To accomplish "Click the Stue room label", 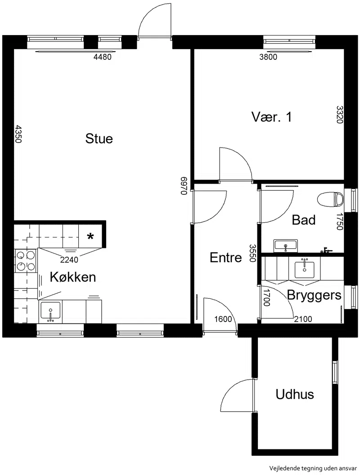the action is point(99,139).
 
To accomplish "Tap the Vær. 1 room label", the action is point(271,117).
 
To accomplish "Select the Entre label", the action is point(226,257).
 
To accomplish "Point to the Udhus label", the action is point(295,394).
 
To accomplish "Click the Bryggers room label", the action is point(314,296).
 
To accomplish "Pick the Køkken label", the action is point(73,277).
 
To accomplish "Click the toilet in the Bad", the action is point(330,199).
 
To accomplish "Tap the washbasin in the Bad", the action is point(286,246).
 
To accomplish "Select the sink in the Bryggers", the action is point(305,268).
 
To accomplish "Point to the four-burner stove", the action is point(26,260).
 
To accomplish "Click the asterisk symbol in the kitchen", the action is point(90,236).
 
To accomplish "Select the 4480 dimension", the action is point(103,57).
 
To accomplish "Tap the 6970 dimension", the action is point(184,186).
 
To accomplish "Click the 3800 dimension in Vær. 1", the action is point(268,57).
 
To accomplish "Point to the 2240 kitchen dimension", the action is point(69,260).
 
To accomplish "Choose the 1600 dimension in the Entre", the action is point(223,319).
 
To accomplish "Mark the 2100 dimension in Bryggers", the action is point(303,319).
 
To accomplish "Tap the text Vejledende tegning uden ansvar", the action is point(313,468).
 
